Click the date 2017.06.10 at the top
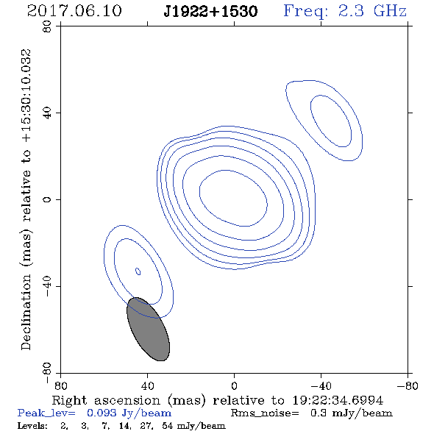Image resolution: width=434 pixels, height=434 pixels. coord(74,11)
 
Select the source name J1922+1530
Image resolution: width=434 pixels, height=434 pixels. coord(210,12)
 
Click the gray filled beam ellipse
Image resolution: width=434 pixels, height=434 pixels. coord(148,329)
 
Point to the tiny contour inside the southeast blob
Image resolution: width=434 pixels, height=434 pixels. coord(138,271)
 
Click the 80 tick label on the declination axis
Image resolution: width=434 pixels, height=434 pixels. coord(47,26)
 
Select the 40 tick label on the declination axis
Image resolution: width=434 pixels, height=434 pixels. coord(47,113)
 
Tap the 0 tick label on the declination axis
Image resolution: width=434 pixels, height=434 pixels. coord(47,199)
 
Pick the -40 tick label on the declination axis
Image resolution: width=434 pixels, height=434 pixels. coord(47,286)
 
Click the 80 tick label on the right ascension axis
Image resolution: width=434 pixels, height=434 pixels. coord(60,385)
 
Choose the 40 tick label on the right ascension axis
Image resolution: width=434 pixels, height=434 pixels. coord(147,385)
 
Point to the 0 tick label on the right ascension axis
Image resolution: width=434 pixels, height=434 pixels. coord(234,385)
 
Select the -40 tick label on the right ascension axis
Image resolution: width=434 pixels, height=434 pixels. coord(321,385)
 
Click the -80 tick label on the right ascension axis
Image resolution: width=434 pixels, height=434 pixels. coord(408,385)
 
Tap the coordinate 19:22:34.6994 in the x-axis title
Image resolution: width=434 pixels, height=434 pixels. coord(338,400)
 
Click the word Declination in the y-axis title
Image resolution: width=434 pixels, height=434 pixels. coord(26,312)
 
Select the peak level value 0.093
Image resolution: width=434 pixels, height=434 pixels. coord(102,413)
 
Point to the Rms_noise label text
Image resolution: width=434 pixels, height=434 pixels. coord(265,413)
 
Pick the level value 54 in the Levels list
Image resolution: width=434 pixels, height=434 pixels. coord(168,425)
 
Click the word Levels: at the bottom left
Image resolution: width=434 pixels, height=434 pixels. coord(32,425)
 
